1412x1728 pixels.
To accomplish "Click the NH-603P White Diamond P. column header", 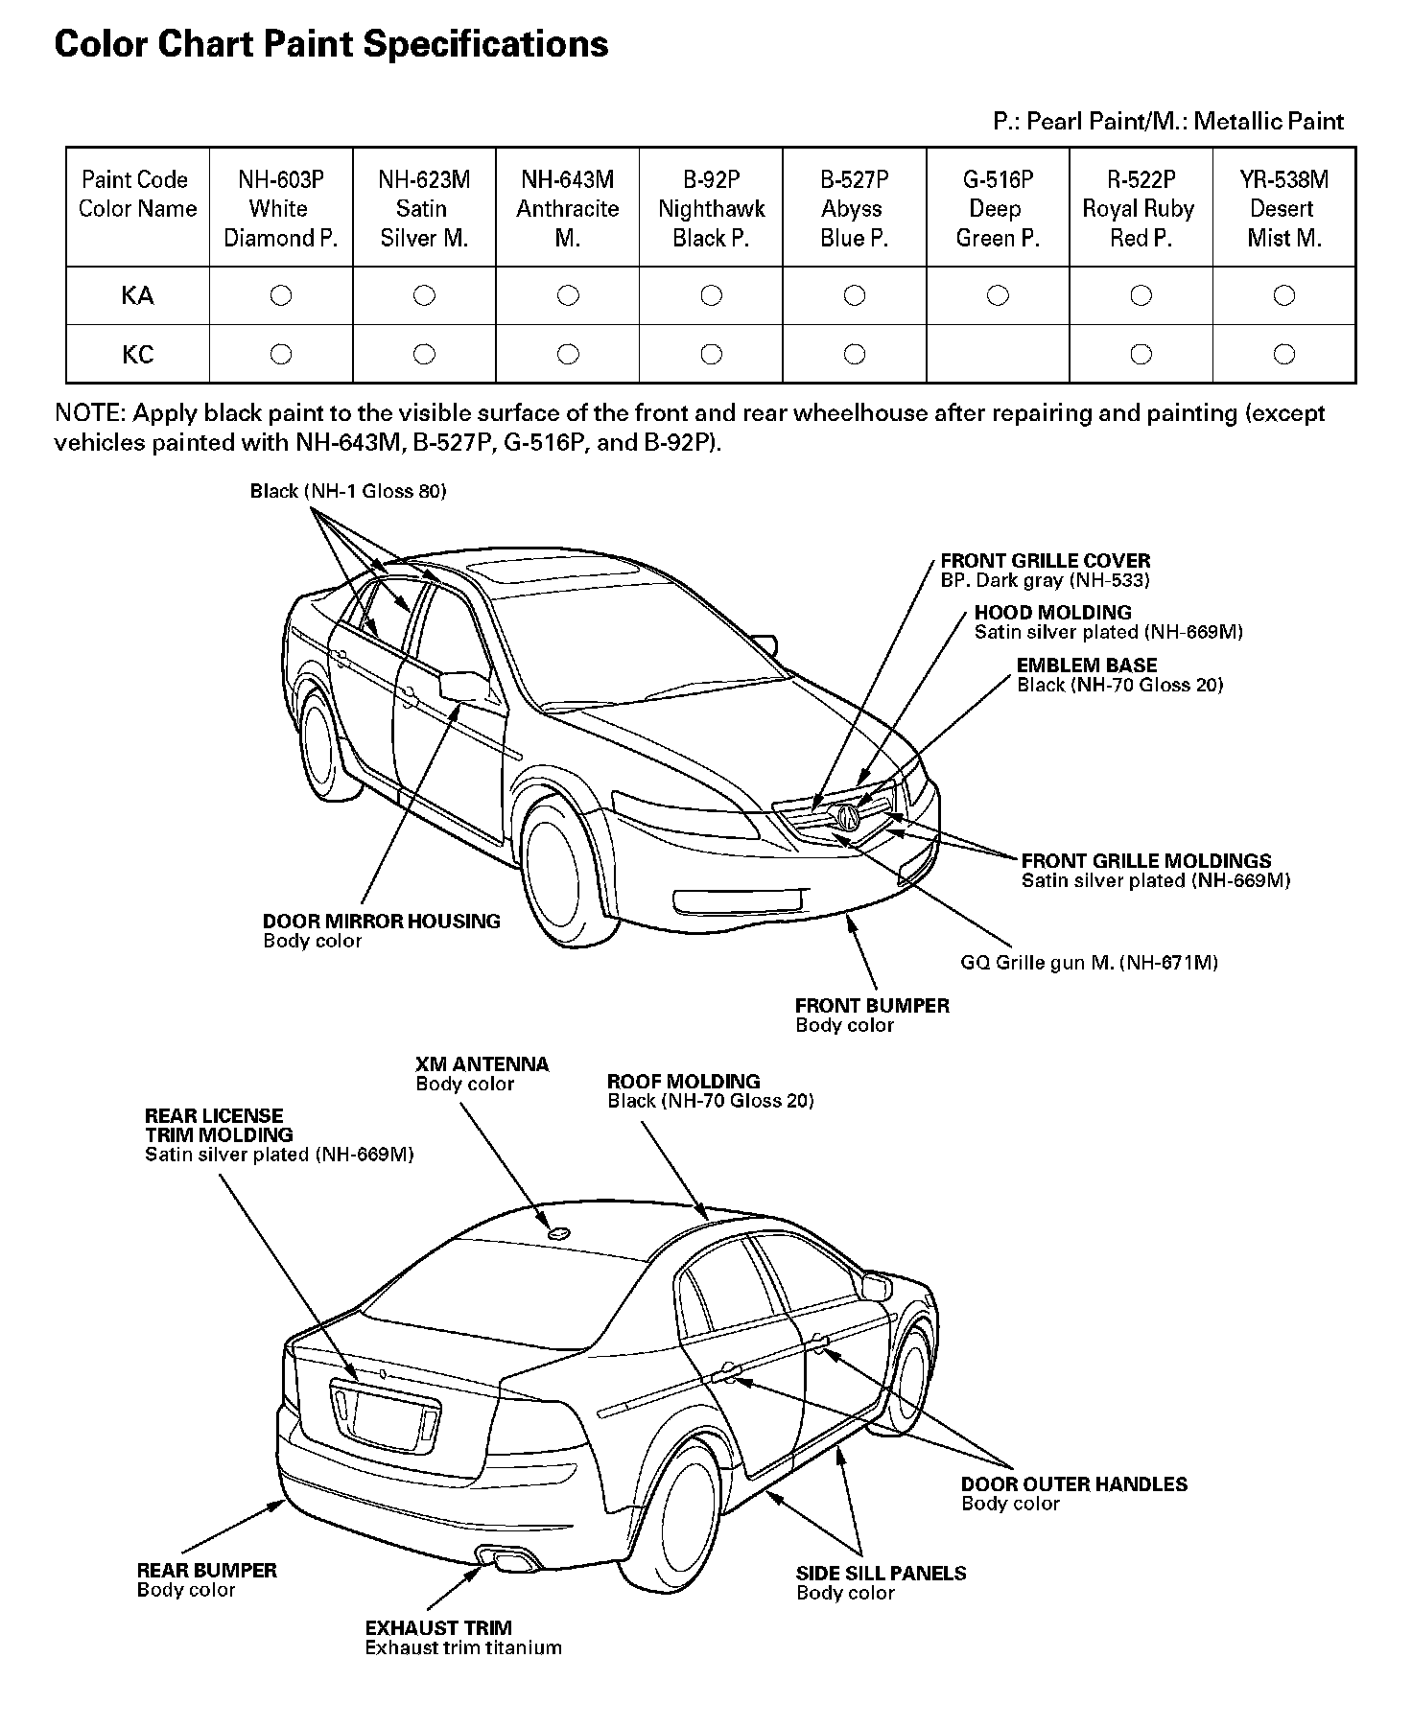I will pos(280,208).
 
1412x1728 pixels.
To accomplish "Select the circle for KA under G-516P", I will pos(998,295).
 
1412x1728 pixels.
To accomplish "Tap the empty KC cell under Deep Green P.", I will pos(998,355).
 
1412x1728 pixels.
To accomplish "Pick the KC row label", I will pos(137,355).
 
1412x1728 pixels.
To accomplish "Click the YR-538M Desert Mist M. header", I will pos(1283,208).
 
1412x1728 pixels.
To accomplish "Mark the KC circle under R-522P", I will pos(1141,355).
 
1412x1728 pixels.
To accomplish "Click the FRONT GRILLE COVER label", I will pos(1045,561).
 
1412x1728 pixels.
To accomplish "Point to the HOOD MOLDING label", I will pos(1052,613).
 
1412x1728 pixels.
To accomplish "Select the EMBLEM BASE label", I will pos(1086,666).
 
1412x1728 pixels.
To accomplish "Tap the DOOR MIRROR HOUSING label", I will pos(381,922).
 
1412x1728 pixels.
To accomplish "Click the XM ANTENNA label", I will pos(482,1064).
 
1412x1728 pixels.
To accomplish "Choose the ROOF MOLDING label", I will pos(683,1082).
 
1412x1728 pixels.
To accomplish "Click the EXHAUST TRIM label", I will pos(438,1627).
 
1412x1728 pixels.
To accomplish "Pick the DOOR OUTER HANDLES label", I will pos(1073,1484).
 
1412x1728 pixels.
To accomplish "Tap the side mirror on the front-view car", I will pos(462,686).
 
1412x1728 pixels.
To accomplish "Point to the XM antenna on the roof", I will pos(557,1232).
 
